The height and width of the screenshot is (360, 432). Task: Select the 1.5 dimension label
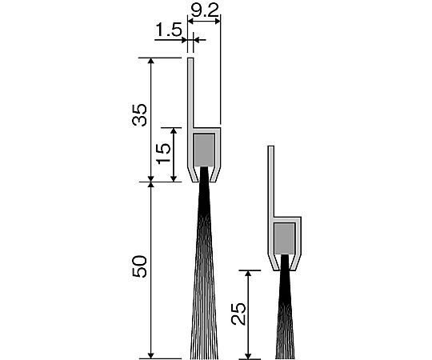[x=169, y=30]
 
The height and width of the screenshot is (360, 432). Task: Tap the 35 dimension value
[x=139, y=115]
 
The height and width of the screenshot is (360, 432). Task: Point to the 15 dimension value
[x=164, y=154]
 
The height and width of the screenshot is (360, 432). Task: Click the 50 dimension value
[x=139, y=266]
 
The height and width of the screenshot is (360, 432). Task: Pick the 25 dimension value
[x=238, y=314]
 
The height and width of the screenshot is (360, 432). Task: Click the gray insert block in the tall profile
[x=204, y=150]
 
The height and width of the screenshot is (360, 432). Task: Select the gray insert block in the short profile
[x=285, y=238]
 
